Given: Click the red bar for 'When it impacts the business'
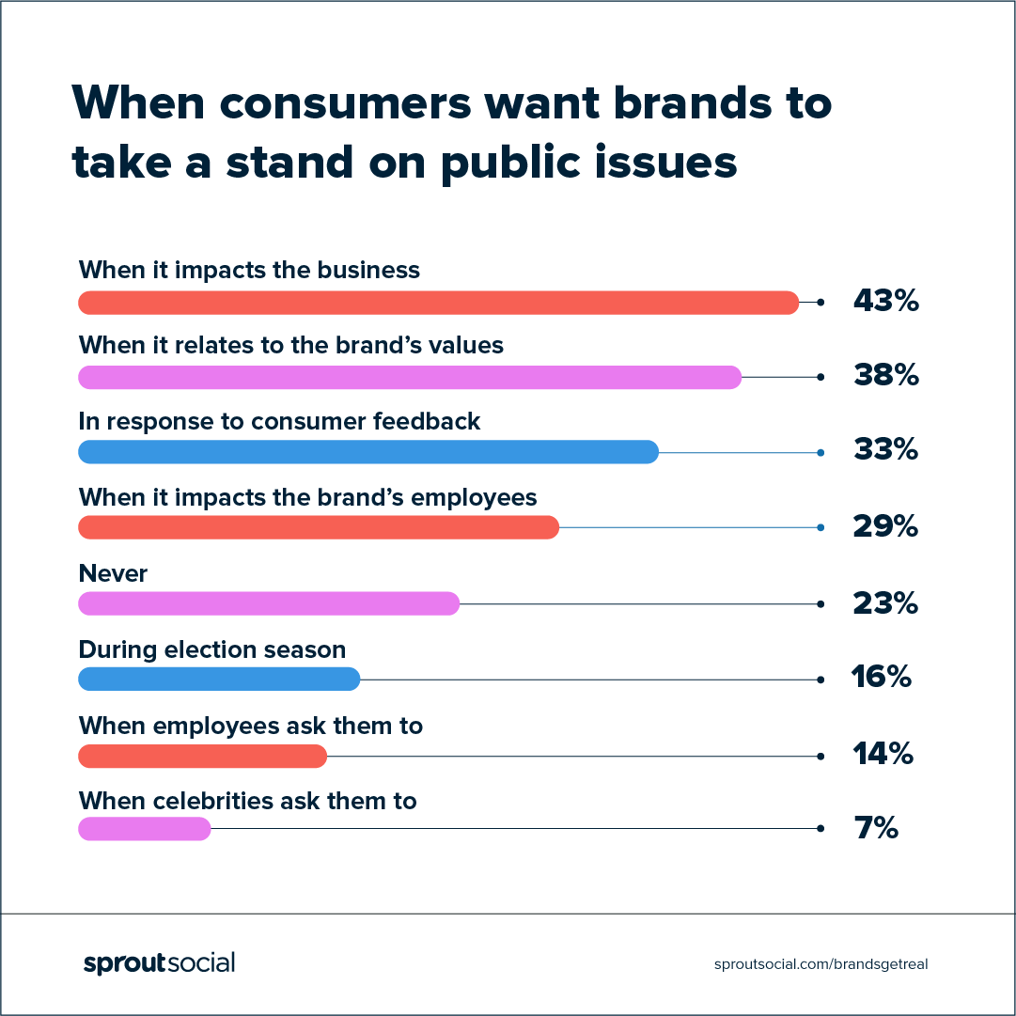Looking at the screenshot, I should pyautogui.click(x=438, y=303).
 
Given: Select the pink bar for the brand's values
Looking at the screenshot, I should pyautogui.click(x=410, y=378).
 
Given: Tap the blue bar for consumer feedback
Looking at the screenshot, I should pyautogui.click(x=368, y=452).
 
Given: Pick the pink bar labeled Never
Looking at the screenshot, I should pyautogui.click(x=269, y=603).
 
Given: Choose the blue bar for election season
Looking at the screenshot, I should pyautogui.click(x=219, y=679).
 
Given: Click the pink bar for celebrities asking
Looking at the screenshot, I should pyautogui.click(x=145, y=829).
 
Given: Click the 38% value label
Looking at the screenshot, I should pyautogui.click(x=884, y=376).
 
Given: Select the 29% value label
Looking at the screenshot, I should pyautogui.click(x=884, y=526).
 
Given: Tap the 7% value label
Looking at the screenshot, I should pyautogui.click(x=876, y=829).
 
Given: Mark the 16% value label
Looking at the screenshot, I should pyautogui.click(x=881, y=677).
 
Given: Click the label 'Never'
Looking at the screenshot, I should pyautogui.click(x=113, y=573).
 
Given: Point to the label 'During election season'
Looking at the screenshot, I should pyautogui.click(x=211, y=649).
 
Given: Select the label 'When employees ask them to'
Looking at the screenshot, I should pyautogui.click(x=250, y=725).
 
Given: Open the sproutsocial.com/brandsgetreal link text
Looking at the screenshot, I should pyautogui.click(x=821, y=964).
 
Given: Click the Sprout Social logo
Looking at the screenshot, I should pyautogui.click(x=159, y=963).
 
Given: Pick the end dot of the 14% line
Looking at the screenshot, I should pyautogui.click(x=821, y=755).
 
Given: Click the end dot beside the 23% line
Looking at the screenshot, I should pyautogui.click(x=821, y=603).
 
